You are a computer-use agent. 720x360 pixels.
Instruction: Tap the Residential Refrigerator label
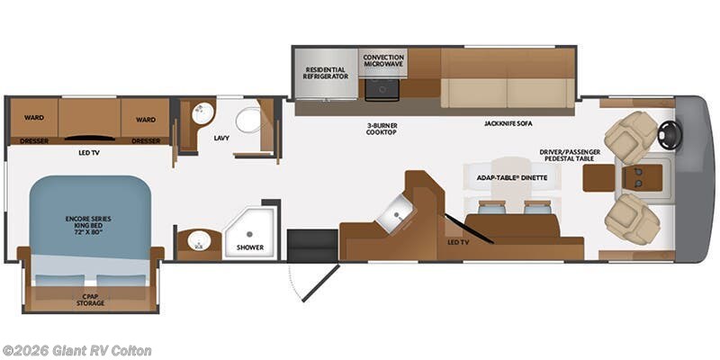tap(326, 73)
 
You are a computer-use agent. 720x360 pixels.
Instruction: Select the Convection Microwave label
tap(383, 60)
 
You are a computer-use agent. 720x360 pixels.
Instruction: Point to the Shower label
tap(250, 247)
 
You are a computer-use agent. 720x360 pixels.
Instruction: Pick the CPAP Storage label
tap(90, 300)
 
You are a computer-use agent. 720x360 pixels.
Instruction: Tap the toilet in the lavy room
tap(248, 121)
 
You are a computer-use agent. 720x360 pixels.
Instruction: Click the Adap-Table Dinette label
tap(512, 177)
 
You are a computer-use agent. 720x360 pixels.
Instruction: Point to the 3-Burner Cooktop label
tap(381, 129)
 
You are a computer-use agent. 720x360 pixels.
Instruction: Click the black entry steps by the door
tap(312, 246)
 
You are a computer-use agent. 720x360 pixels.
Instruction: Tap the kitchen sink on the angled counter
tap(395, 212)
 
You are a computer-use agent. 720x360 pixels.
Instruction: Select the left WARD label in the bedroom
tap(34, 118)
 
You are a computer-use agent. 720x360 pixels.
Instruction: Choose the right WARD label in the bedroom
tap(146, 120)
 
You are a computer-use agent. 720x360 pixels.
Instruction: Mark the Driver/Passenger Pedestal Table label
tap(570, 155)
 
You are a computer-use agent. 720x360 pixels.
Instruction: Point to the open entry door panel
tap(320, 283)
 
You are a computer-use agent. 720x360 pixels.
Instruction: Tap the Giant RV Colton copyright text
tap(76, 351)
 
